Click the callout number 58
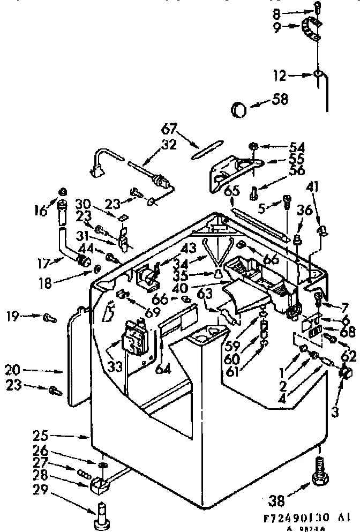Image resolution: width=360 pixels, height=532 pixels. (x=280, y=99)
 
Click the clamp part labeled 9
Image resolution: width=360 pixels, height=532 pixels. (x=312, y=29)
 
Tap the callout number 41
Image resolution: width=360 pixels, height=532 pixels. (x=313, y=187)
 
